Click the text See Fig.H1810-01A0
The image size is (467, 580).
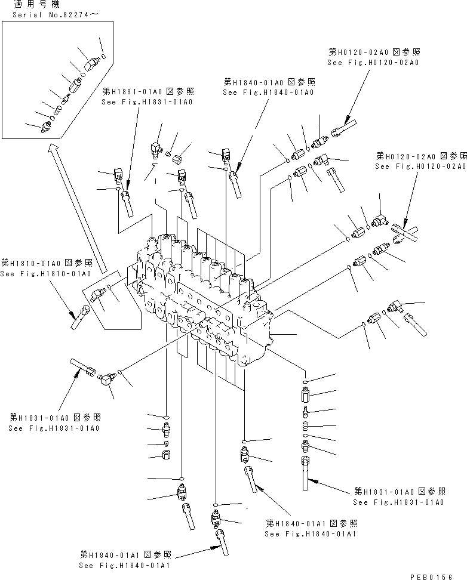pos(45,274)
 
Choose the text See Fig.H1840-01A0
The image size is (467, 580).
pos(268,92)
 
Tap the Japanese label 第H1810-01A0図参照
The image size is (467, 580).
pos(46,263)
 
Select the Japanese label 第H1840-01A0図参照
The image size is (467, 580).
pos(269,82)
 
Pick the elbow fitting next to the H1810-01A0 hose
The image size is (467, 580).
pos(98,295)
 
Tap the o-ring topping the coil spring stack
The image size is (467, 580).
pos(306,381)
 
